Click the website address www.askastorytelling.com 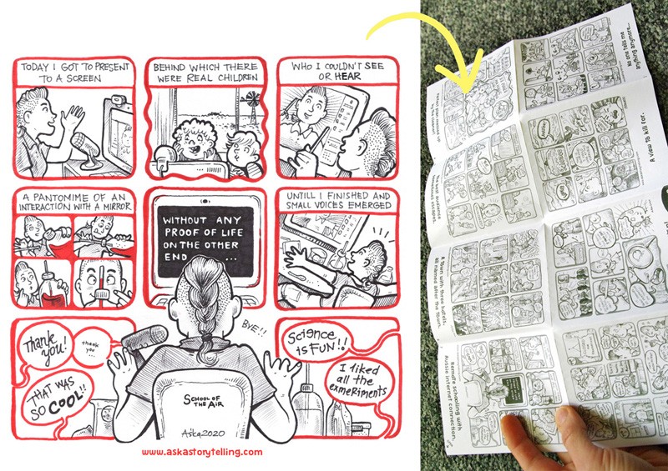click(x=202, y=452)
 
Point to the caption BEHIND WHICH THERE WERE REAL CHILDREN click(x=205, y=73)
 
